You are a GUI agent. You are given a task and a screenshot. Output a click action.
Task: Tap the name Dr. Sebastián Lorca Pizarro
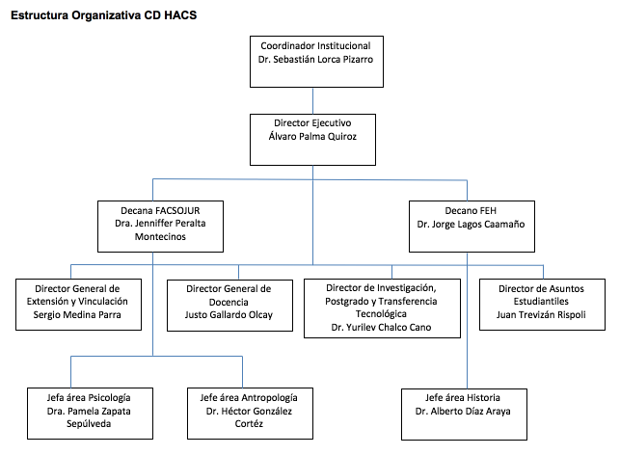tap(315, 59)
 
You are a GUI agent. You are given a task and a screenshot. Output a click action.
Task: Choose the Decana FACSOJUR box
tap(161, 227)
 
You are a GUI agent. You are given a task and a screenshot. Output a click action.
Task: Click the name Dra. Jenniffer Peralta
tap(161, 221)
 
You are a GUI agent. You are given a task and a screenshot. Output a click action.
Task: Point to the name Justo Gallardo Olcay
tap(229, 315)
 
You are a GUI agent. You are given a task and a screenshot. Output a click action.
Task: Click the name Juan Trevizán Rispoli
tap(543, 315)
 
